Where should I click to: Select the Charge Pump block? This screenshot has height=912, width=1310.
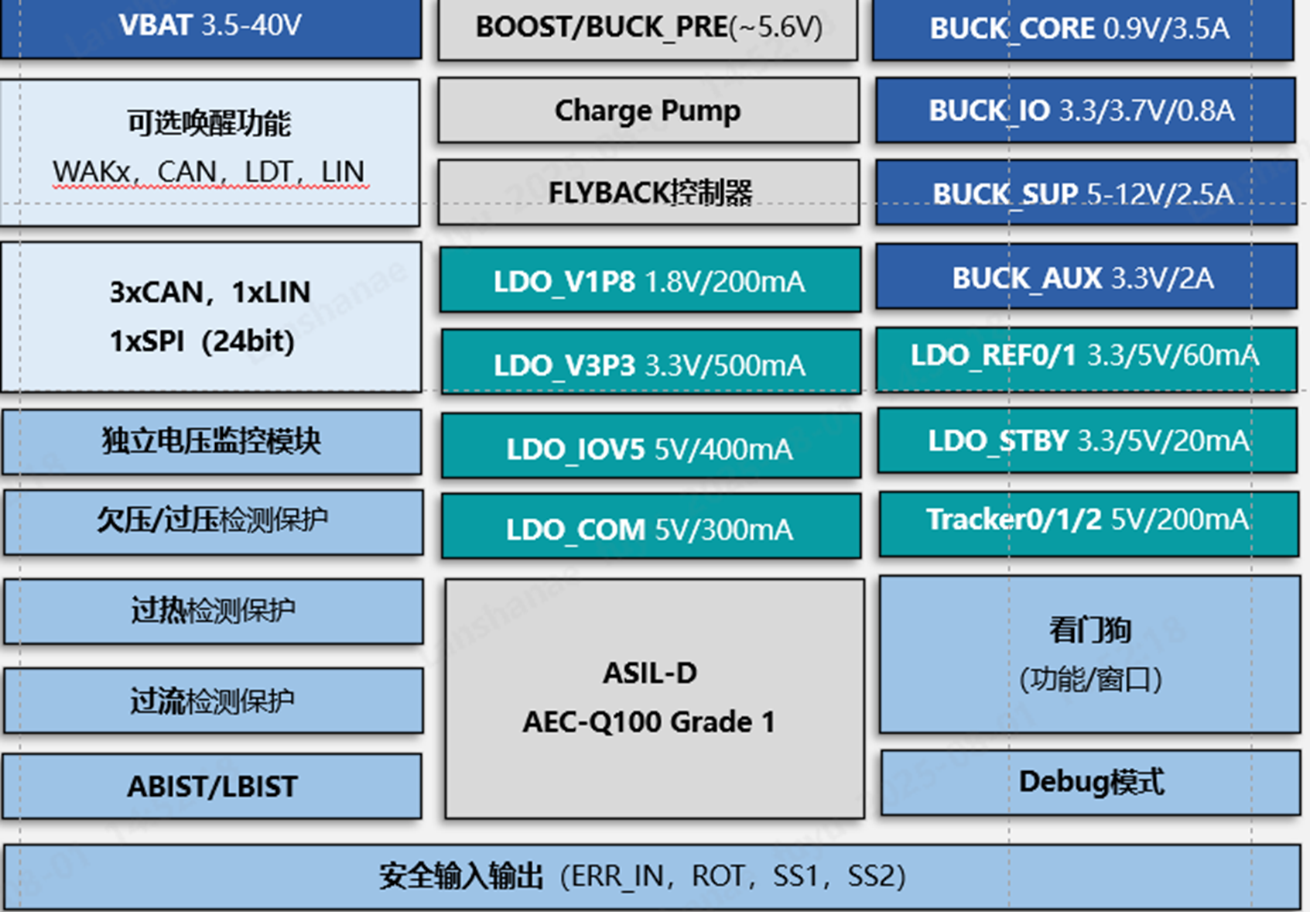[648, 110]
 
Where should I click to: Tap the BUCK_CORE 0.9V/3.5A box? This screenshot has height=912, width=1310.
[1082, 29]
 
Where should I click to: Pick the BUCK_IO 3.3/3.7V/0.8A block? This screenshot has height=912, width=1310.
[1085, 110]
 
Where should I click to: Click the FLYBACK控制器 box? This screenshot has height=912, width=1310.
[648, 192]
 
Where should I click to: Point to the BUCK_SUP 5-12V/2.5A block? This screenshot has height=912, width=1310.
[1085, 194]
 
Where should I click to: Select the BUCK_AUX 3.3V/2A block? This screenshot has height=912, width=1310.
[1085, 277]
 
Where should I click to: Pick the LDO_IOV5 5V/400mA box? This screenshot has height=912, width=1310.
[650, 447]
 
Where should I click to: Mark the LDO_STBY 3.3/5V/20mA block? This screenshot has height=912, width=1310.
[1086, 441]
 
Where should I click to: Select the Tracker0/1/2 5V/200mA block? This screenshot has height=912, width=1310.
[1088, 520]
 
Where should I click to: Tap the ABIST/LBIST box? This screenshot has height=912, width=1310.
[212, 787]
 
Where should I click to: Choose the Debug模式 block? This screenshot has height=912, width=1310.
[1089, 782]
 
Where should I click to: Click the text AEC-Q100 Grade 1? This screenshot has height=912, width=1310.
[648, 722]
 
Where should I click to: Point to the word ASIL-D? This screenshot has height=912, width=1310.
[650, 673]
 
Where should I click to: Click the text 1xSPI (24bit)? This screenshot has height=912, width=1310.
[202, 341]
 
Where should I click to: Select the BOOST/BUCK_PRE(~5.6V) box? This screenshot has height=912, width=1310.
[648, 28]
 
